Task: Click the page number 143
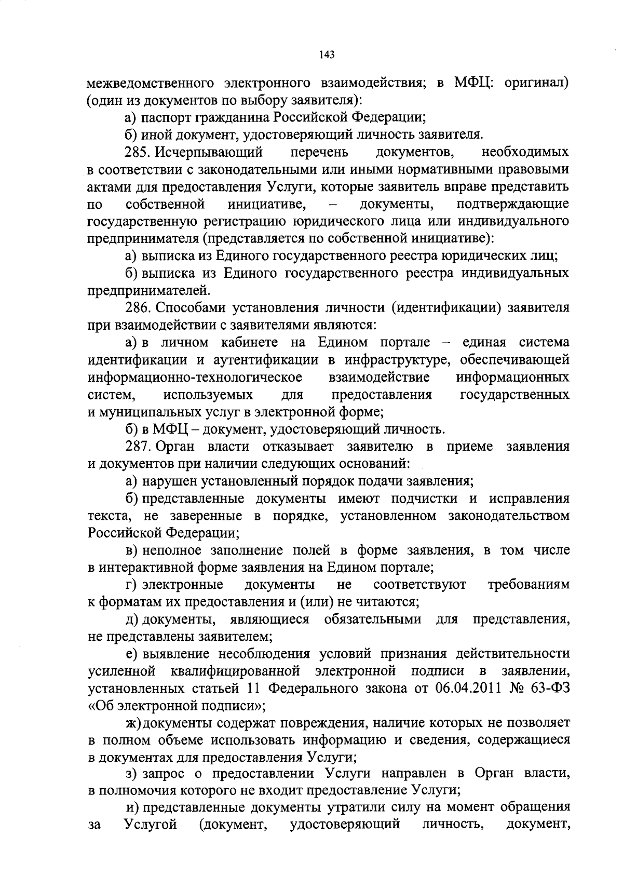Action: tap(327, 54)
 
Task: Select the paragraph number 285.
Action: tap(138, 152)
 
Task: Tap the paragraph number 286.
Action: tap(138, 307)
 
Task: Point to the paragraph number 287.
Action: tap(138, 446)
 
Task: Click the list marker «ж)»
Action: tap(133, 723)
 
